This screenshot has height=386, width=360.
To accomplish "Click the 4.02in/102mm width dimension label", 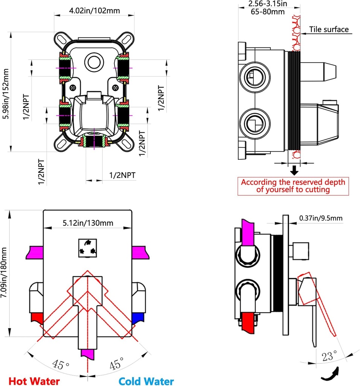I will tap(95, 11).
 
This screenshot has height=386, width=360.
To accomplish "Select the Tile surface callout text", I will tap(329, 29).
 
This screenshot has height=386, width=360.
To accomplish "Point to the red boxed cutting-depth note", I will tap(293, 186).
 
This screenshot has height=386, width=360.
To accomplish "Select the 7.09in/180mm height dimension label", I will tap(5, 273).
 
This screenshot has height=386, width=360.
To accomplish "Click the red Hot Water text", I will tap(34, 381).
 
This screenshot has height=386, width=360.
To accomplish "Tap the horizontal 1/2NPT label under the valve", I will tap(122, 175).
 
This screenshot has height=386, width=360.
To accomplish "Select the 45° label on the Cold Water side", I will tap(116, 364).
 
